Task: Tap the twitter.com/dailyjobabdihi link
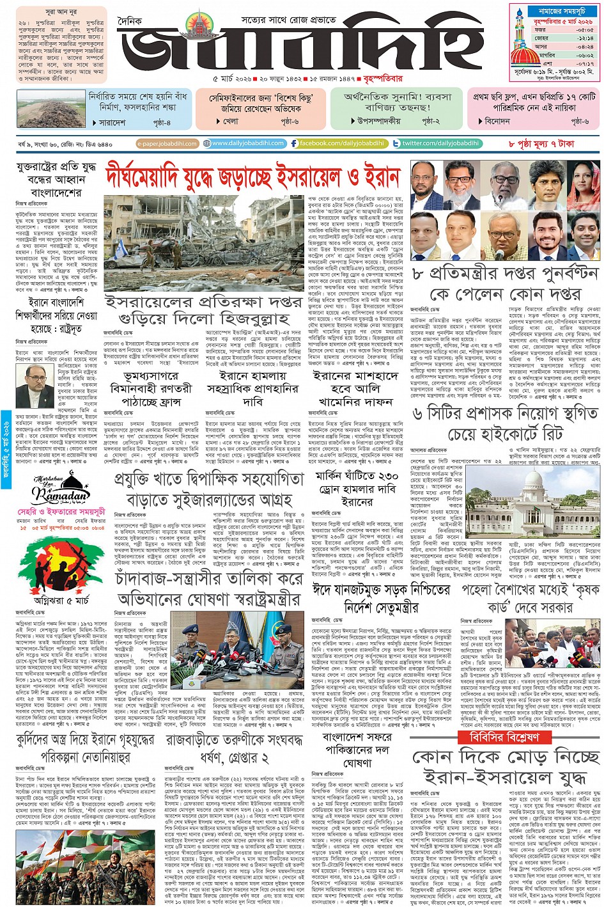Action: (436, 143)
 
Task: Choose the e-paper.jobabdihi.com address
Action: (167, 144)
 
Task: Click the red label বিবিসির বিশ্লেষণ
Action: (499, 737)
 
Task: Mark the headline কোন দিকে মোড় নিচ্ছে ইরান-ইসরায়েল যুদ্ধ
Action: (505, 768)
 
